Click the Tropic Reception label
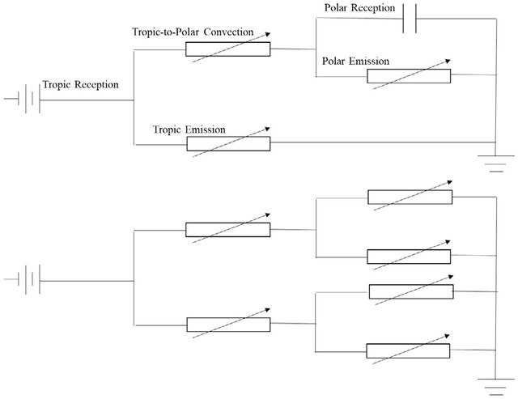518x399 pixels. click(81, 85)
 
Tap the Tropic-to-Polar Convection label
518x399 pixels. click(193, 32)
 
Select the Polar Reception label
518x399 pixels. click(359, 7)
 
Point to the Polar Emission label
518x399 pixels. click(356, 62)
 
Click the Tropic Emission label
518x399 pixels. click(189, 129)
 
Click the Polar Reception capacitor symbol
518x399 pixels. click(410, 19)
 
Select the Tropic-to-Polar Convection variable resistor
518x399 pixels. click(228, 49)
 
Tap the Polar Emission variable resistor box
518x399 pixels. click(409, 76)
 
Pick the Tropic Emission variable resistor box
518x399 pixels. click(228, 144)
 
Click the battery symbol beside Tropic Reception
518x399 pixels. click(29, 99)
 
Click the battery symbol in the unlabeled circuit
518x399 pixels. click(29, 279)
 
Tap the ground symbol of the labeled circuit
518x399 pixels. click(496, 163)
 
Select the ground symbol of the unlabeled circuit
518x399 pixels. click(496, 386)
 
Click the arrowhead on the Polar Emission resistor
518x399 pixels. click(448, 62)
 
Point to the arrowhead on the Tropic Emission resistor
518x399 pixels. click(268, 129)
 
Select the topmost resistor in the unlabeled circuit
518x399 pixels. click(410, 197)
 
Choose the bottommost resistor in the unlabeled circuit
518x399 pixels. click(408, 350)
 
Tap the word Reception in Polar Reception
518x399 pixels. click(373, 8)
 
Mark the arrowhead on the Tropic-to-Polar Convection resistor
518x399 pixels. click(268, 34)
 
